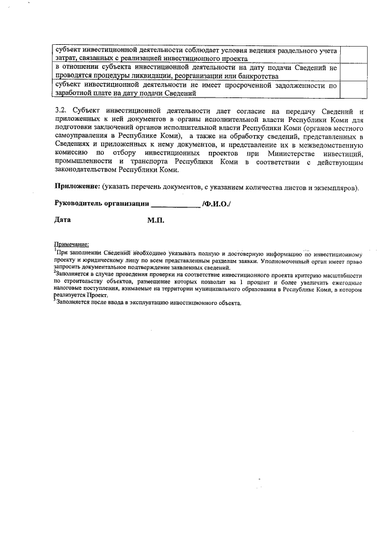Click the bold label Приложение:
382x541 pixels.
click(77, 187)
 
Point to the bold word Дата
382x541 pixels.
click(63, 220)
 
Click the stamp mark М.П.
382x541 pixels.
click(156, 221)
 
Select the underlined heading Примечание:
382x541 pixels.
click(72, 244)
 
